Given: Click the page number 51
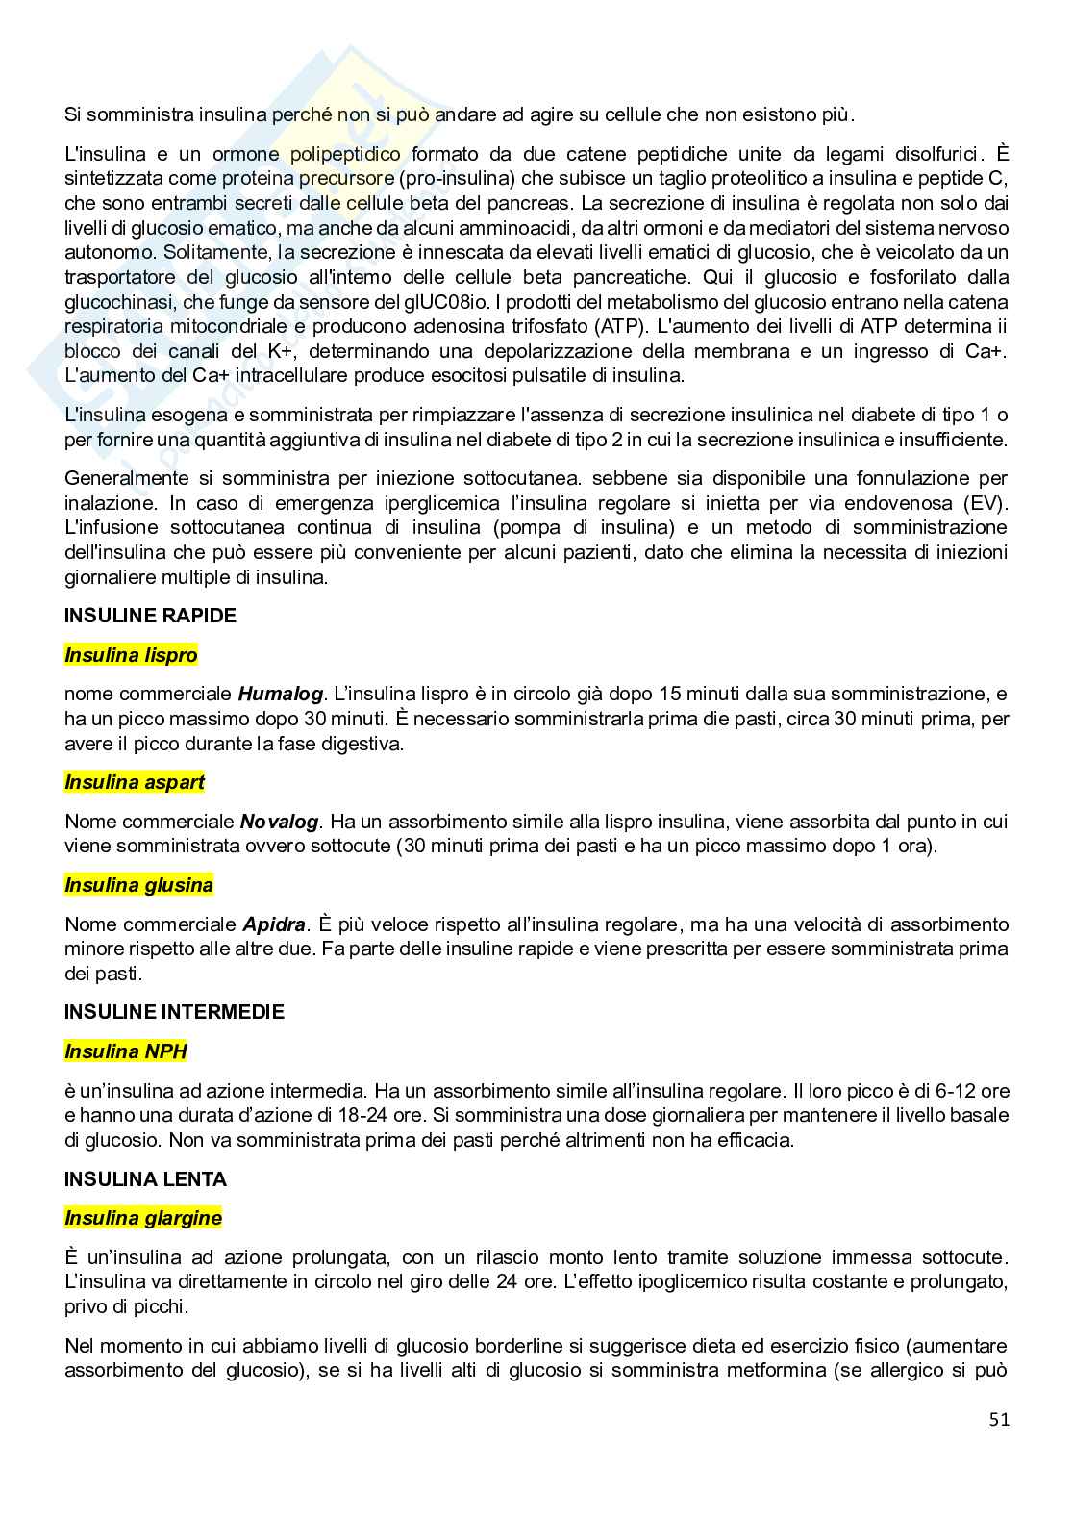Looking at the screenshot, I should [999, 1419].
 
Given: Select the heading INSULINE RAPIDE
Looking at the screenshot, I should [150, 616].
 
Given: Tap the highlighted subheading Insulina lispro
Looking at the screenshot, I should [131, 655].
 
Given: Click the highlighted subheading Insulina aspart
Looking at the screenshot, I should [135, 782].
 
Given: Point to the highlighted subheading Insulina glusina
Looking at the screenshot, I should [138, 885].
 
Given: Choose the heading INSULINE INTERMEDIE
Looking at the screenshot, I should [174, 1012].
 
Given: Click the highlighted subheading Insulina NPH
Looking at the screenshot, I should [126, 1051].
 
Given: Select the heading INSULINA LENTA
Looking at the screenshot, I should [145, 1179].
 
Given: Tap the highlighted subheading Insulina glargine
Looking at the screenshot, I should [143, 1218].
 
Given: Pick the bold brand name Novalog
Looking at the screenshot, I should [279, 822].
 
